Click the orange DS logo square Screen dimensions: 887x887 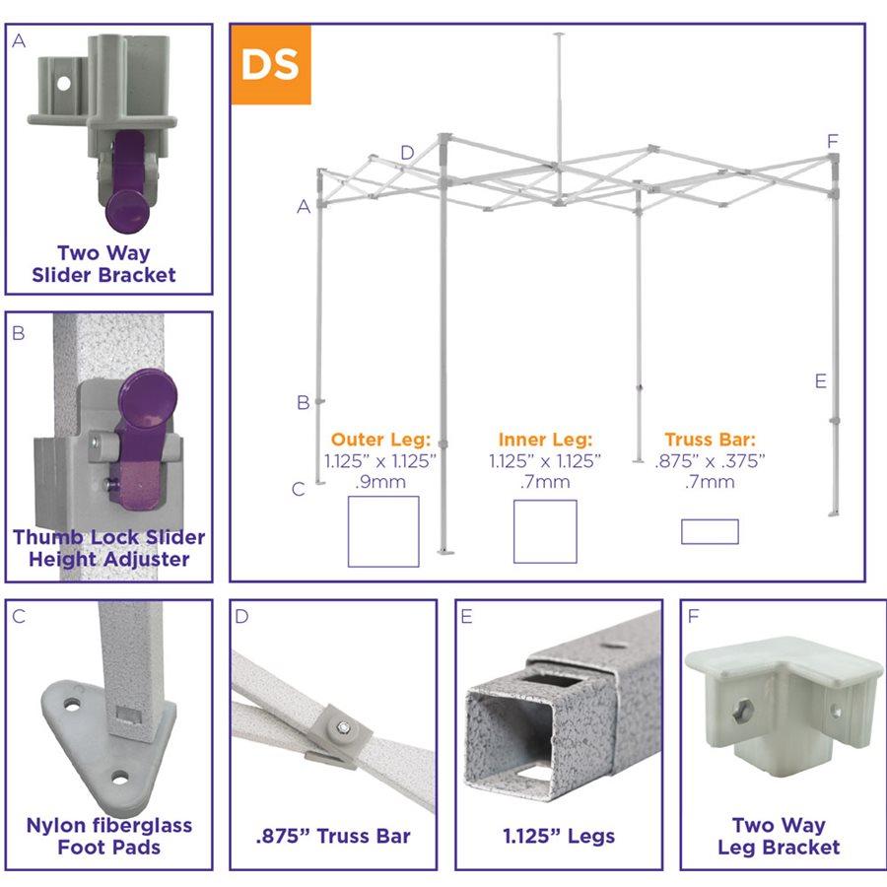pos(271,64)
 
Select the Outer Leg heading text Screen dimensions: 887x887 pos(380,440)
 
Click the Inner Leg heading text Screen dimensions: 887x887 pos(545,440)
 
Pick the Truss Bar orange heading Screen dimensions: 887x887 pos(710,440)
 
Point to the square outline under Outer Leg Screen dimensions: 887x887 pos(383,531)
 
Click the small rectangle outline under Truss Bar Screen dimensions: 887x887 pos(710,532)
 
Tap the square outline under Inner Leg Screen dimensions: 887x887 pos(545,531)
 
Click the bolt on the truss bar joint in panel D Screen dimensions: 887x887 pos(344,726)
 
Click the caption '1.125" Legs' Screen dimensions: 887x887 pos(559,836)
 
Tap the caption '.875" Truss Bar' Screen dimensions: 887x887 pos(333,836)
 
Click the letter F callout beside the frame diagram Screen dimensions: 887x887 pos(832,141)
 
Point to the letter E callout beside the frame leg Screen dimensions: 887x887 pos(821,381)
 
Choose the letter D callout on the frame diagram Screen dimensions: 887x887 pos(407,152)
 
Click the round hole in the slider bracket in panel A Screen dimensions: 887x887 pos(64,84)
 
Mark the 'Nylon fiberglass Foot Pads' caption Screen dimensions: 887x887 pos(109,836)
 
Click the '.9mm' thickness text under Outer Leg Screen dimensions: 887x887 pos(380,482)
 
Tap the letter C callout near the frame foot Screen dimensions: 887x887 pos(299,489)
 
